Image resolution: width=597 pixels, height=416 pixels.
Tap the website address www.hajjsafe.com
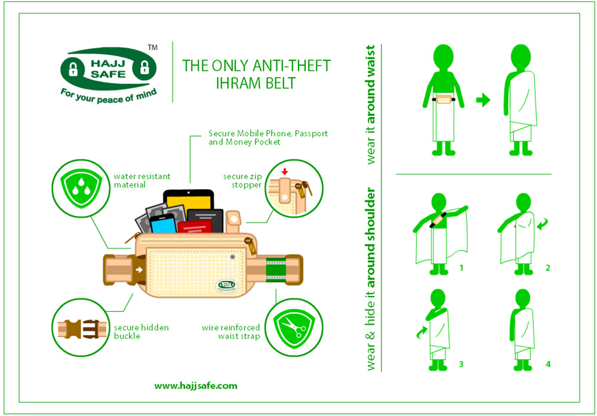[x=196, y=386]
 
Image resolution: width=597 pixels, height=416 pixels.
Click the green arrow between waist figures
[x=482, y=101]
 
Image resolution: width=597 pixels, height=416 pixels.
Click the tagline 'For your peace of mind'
[x=108, y=95]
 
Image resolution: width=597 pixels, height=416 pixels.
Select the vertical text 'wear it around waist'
[x=371, y=104]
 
